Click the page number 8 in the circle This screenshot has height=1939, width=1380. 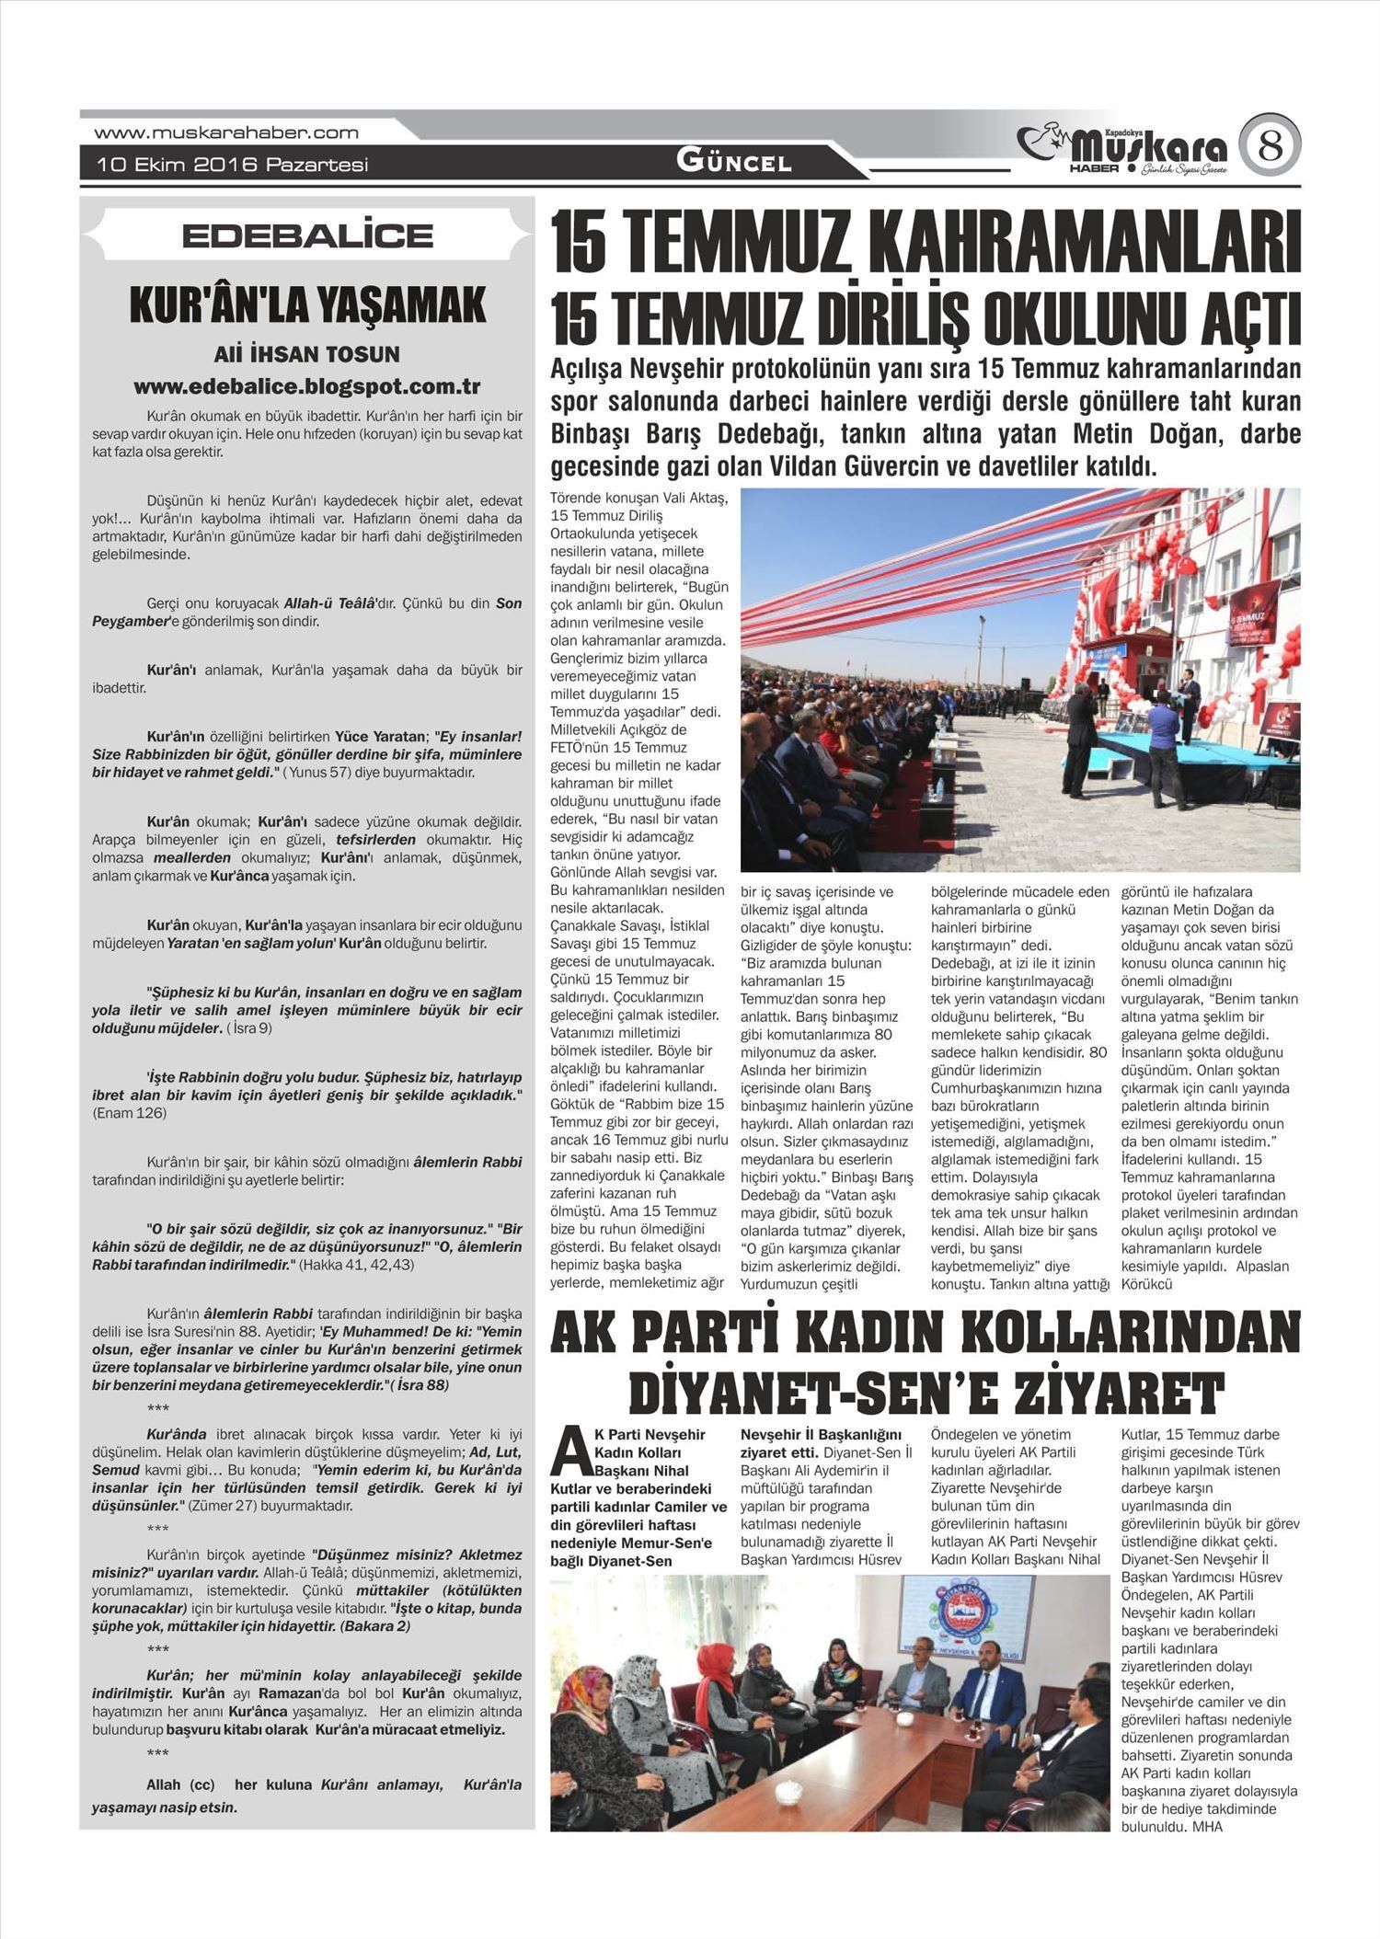[x=1270, y=147]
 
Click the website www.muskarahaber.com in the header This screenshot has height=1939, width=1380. [x=226, y=132]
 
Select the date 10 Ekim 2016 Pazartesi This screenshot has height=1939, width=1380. [x=234, y=165]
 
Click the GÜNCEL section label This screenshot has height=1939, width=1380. [x=733, y=163]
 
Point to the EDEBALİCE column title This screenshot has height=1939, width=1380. [x=307, y=235]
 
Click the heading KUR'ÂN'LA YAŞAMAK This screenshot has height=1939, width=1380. [x=307, y=305]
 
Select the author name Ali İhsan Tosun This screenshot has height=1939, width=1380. [x=307, y=354]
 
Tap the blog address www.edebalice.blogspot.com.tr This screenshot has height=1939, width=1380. [x=307, y=387]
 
